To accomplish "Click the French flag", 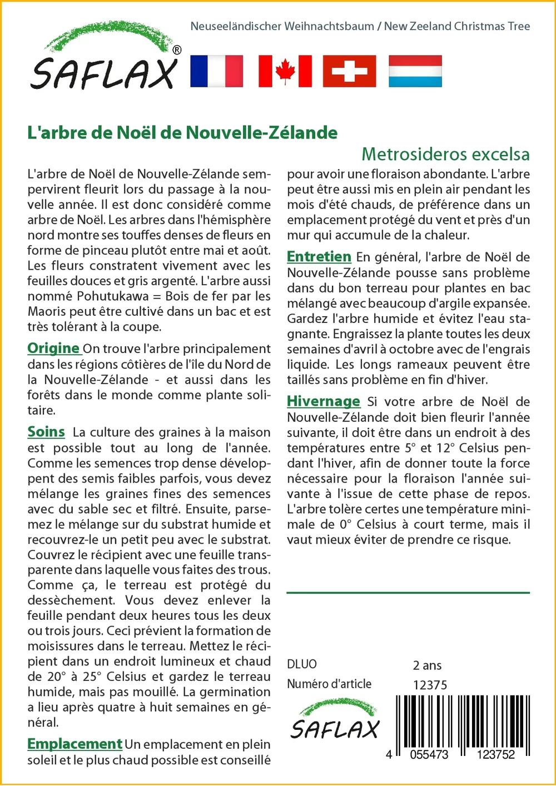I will (x=216, y=71).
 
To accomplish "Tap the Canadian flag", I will (x=285, y=71).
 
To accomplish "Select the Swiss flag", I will (x=349, y=71).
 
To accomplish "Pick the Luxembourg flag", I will (x=415, y=71).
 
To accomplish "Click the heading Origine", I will (x=53, y=349).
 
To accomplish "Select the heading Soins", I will (x=46, y=432).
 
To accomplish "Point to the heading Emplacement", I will (x=75, y=744).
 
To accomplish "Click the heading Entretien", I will (x=319, y=257).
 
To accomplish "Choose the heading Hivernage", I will (x=323, y=401).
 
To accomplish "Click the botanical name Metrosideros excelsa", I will (x=445, y=154).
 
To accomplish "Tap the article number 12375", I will (x=430, y=685).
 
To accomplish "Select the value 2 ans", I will (x=427, y=665).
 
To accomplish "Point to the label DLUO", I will (x=302, y=664).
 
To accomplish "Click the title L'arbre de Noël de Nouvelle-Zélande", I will (x=182, y=133).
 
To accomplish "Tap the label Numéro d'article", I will (x=329, y=684).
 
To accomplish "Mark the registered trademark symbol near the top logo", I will (x=177, y=50).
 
